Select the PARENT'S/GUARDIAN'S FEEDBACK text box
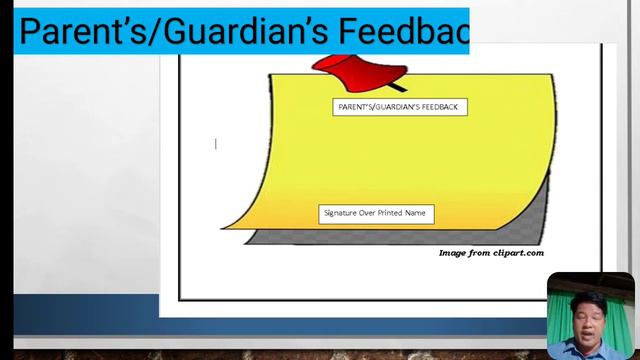400,107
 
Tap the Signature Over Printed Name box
376,213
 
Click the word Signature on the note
341,213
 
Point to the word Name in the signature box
416,213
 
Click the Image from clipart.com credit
491,253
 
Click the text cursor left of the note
216,144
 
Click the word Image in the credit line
454,253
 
